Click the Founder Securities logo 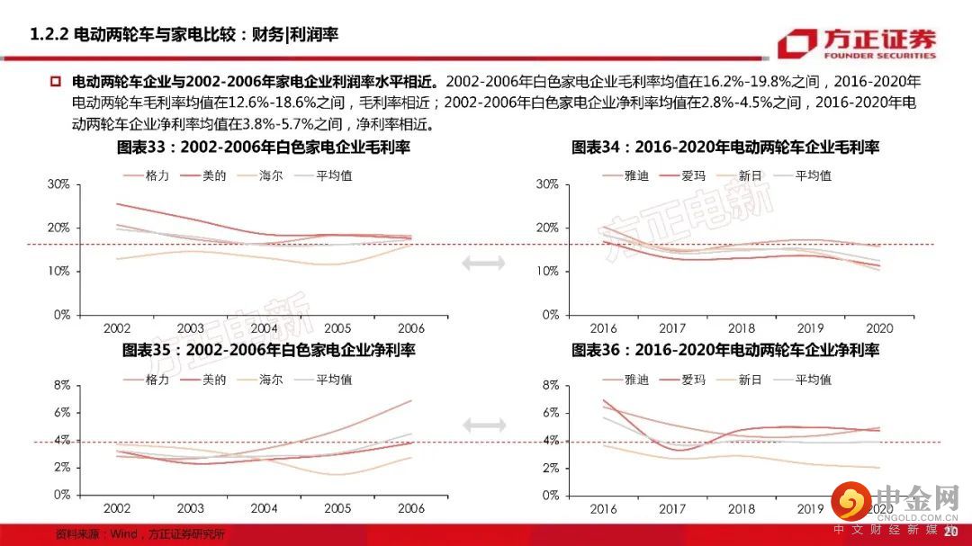857,42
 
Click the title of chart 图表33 264,148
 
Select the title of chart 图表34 725,148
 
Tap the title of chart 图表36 725,350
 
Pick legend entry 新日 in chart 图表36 750,380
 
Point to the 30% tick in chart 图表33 58,184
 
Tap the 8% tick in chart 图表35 62,385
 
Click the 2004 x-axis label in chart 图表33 265,329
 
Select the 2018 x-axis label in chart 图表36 741,509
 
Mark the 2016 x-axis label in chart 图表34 603,329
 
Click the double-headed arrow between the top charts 483,263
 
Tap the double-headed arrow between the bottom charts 483,425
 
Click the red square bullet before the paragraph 55,81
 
